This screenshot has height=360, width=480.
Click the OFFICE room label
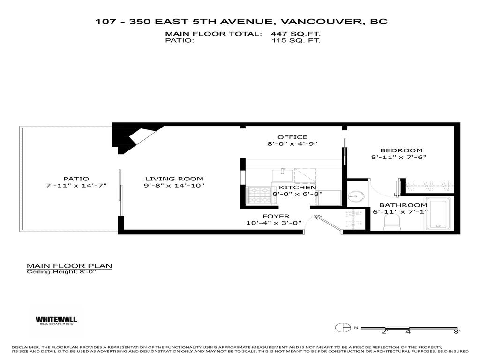(x=292, y=137)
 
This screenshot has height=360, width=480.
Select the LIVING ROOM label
(x=174, y=179)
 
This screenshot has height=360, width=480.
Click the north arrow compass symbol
(x=343, y=328)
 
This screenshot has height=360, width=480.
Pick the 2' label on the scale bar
(x=385, y=332)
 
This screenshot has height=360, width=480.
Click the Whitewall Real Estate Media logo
(x=56, y=320)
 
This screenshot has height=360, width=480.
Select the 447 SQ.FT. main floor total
(x=295, y=34)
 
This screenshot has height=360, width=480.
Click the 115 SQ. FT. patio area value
(x=296, y=40)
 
